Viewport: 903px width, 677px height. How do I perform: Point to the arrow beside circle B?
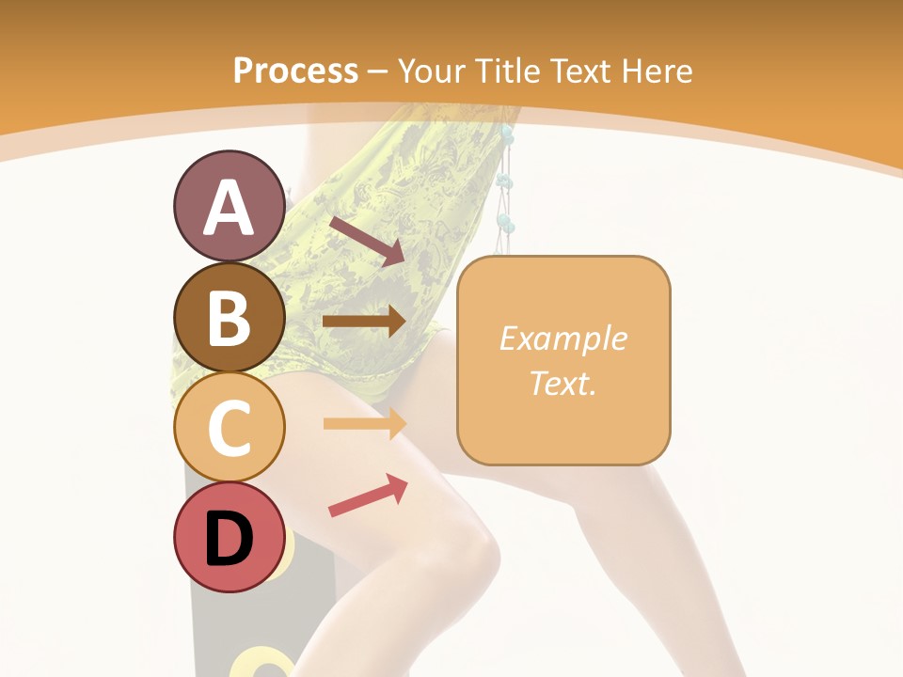click(364, 322)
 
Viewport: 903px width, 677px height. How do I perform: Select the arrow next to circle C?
click(364, 423)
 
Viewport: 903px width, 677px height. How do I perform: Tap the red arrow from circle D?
click(368, 495)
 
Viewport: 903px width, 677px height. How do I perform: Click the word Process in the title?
click(295, 71)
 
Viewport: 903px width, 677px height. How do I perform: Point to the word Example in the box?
click(562, 338)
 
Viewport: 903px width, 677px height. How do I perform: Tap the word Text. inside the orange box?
click(562, 383)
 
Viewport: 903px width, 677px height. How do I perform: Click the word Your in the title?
click(431, 71)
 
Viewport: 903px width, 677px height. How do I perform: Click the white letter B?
click(229, 318)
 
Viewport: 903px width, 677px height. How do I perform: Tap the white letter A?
click(229, 207)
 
